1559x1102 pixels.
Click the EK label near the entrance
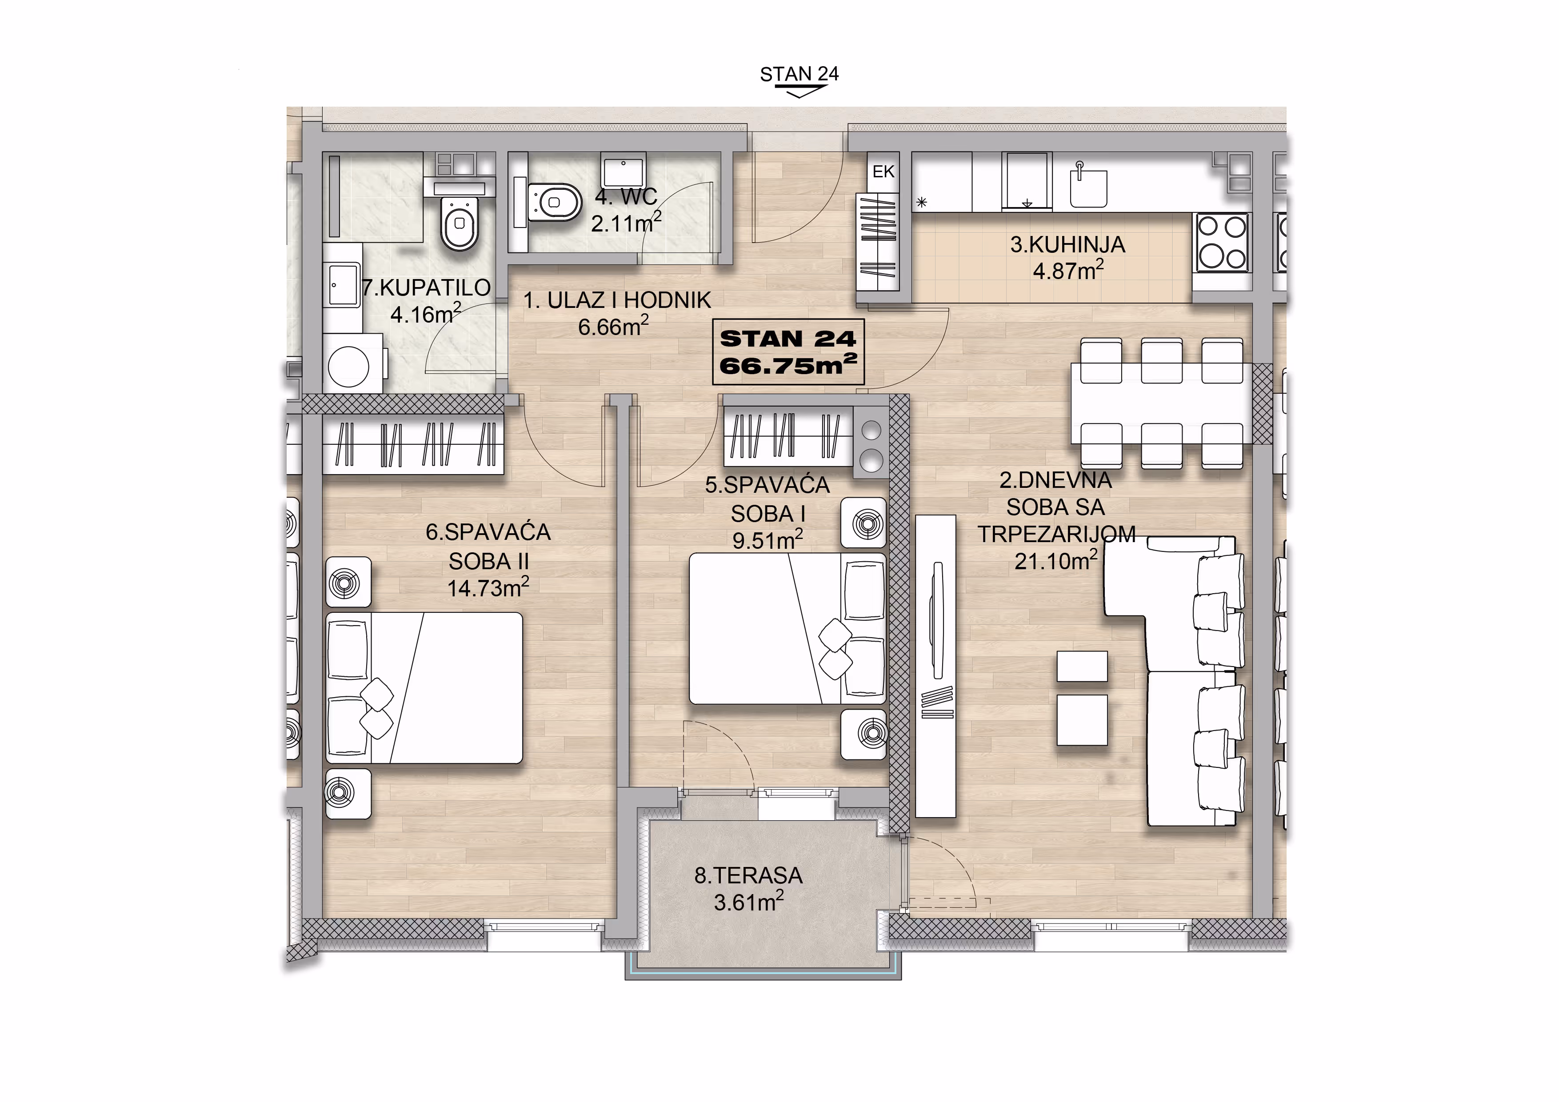coord(883,172)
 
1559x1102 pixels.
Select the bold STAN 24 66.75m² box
coord(787,352)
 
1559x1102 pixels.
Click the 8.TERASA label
coord(748,875)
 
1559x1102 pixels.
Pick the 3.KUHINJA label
coord(1067,244)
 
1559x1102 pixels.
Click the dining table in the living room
coord(1161,404)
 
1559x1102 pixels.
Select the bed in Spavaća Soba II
coord(424,688)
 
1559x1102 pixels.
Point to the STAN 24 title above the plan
coord(799,74)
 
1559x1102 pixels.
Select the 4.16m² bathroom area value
coord(426,314)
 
